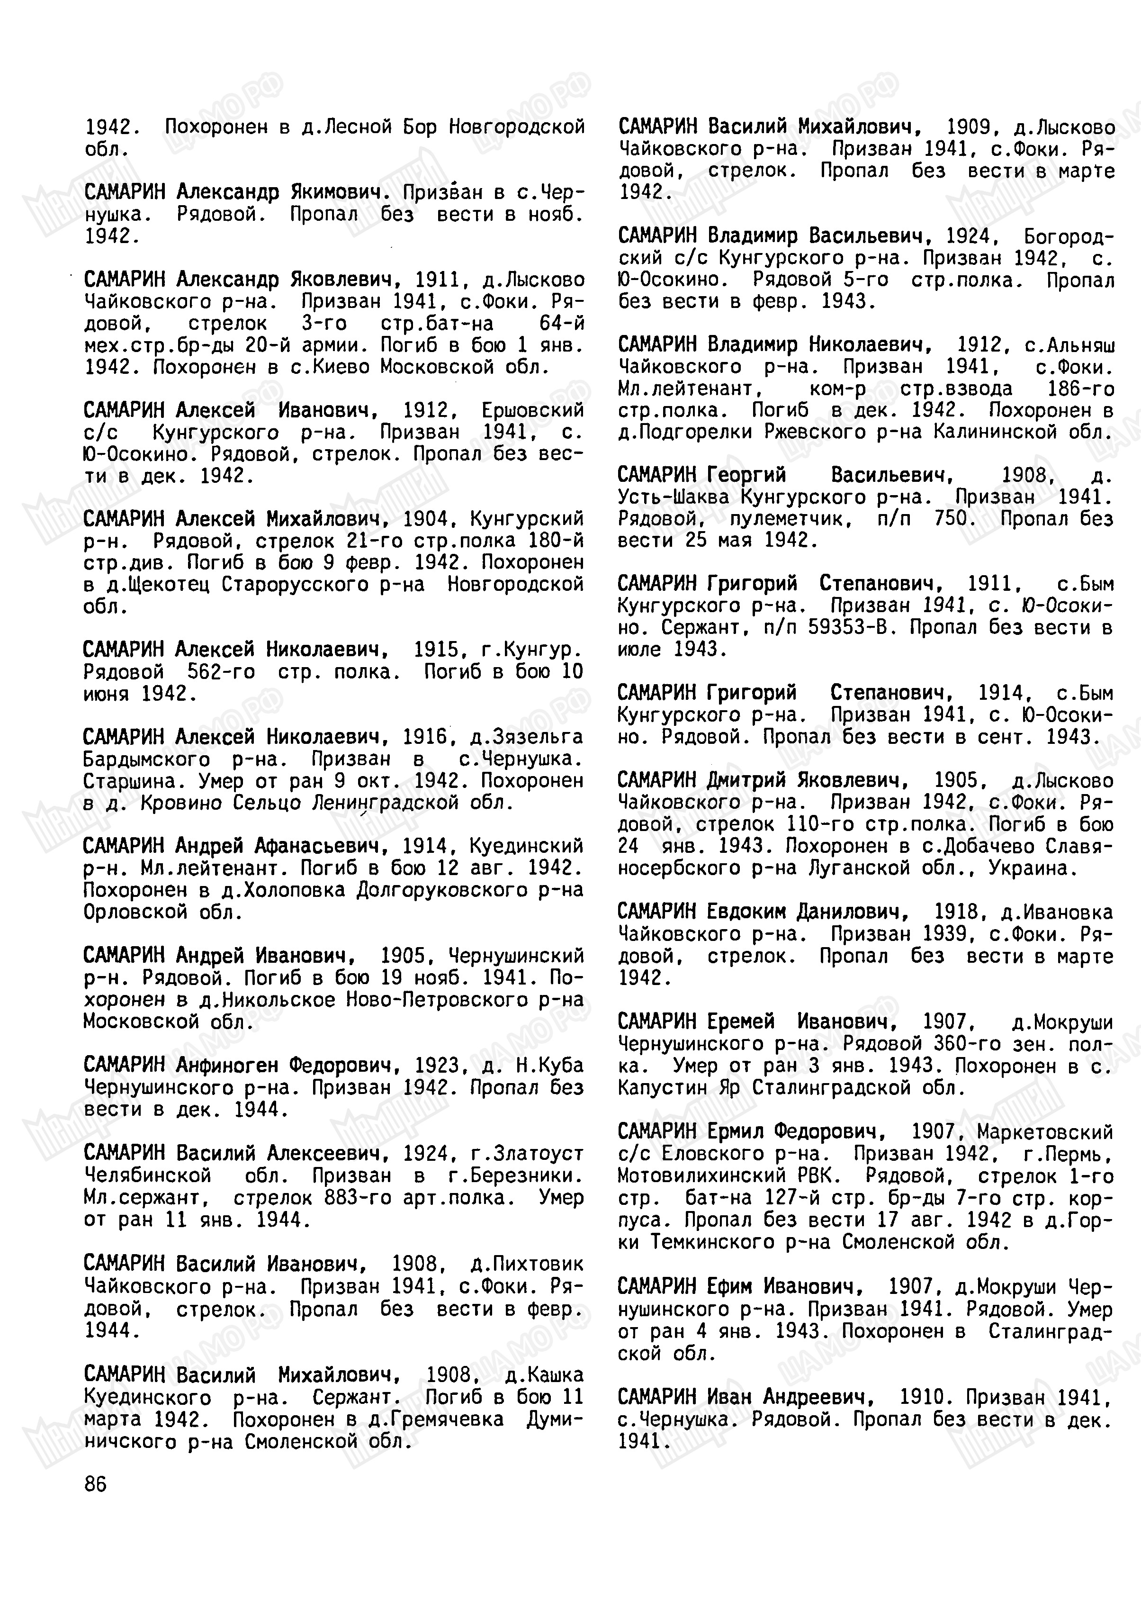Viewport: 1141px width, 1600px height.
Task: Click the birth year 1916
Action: click(x=426, y=737)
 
